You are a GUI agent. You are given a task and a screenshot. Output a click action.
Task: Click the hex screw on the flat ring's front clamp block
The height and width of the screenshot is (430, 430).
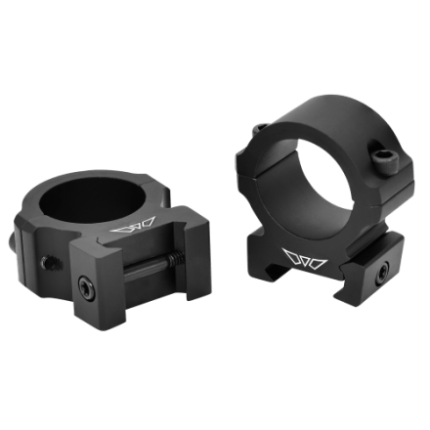pyautogui.click(x=85, y=287)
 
